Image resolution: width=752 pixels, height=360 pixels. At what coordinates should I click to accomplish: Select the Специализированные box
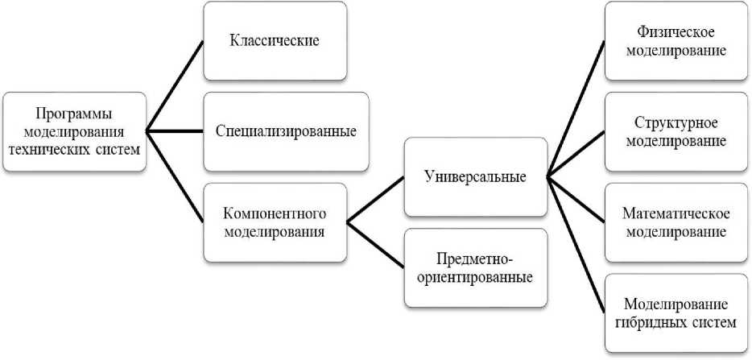tap(285, 130)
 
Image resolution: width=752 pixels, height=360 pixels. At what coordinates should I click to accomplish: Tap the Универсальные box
tap(474, 177)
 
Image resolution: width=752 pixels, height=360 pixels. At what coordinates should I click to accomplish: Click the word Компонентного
tap(275, 214)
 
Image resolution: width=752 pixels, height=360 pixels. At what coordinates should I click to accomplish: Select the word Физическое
tap(676, 33)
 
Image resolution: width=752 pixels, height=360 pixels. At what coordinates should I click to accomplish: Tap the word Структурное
tap(676, 122)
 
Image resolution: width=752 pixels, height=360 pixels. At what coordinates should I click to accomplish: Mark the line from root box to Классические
tap(175, 85)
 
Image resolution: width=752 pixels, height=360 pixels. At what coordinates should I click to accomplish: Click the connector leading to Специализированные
tap(175, 130)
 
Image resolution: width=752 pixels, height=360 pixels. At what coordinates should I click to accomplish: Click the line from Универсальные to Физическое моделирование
tap(575, 109)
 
